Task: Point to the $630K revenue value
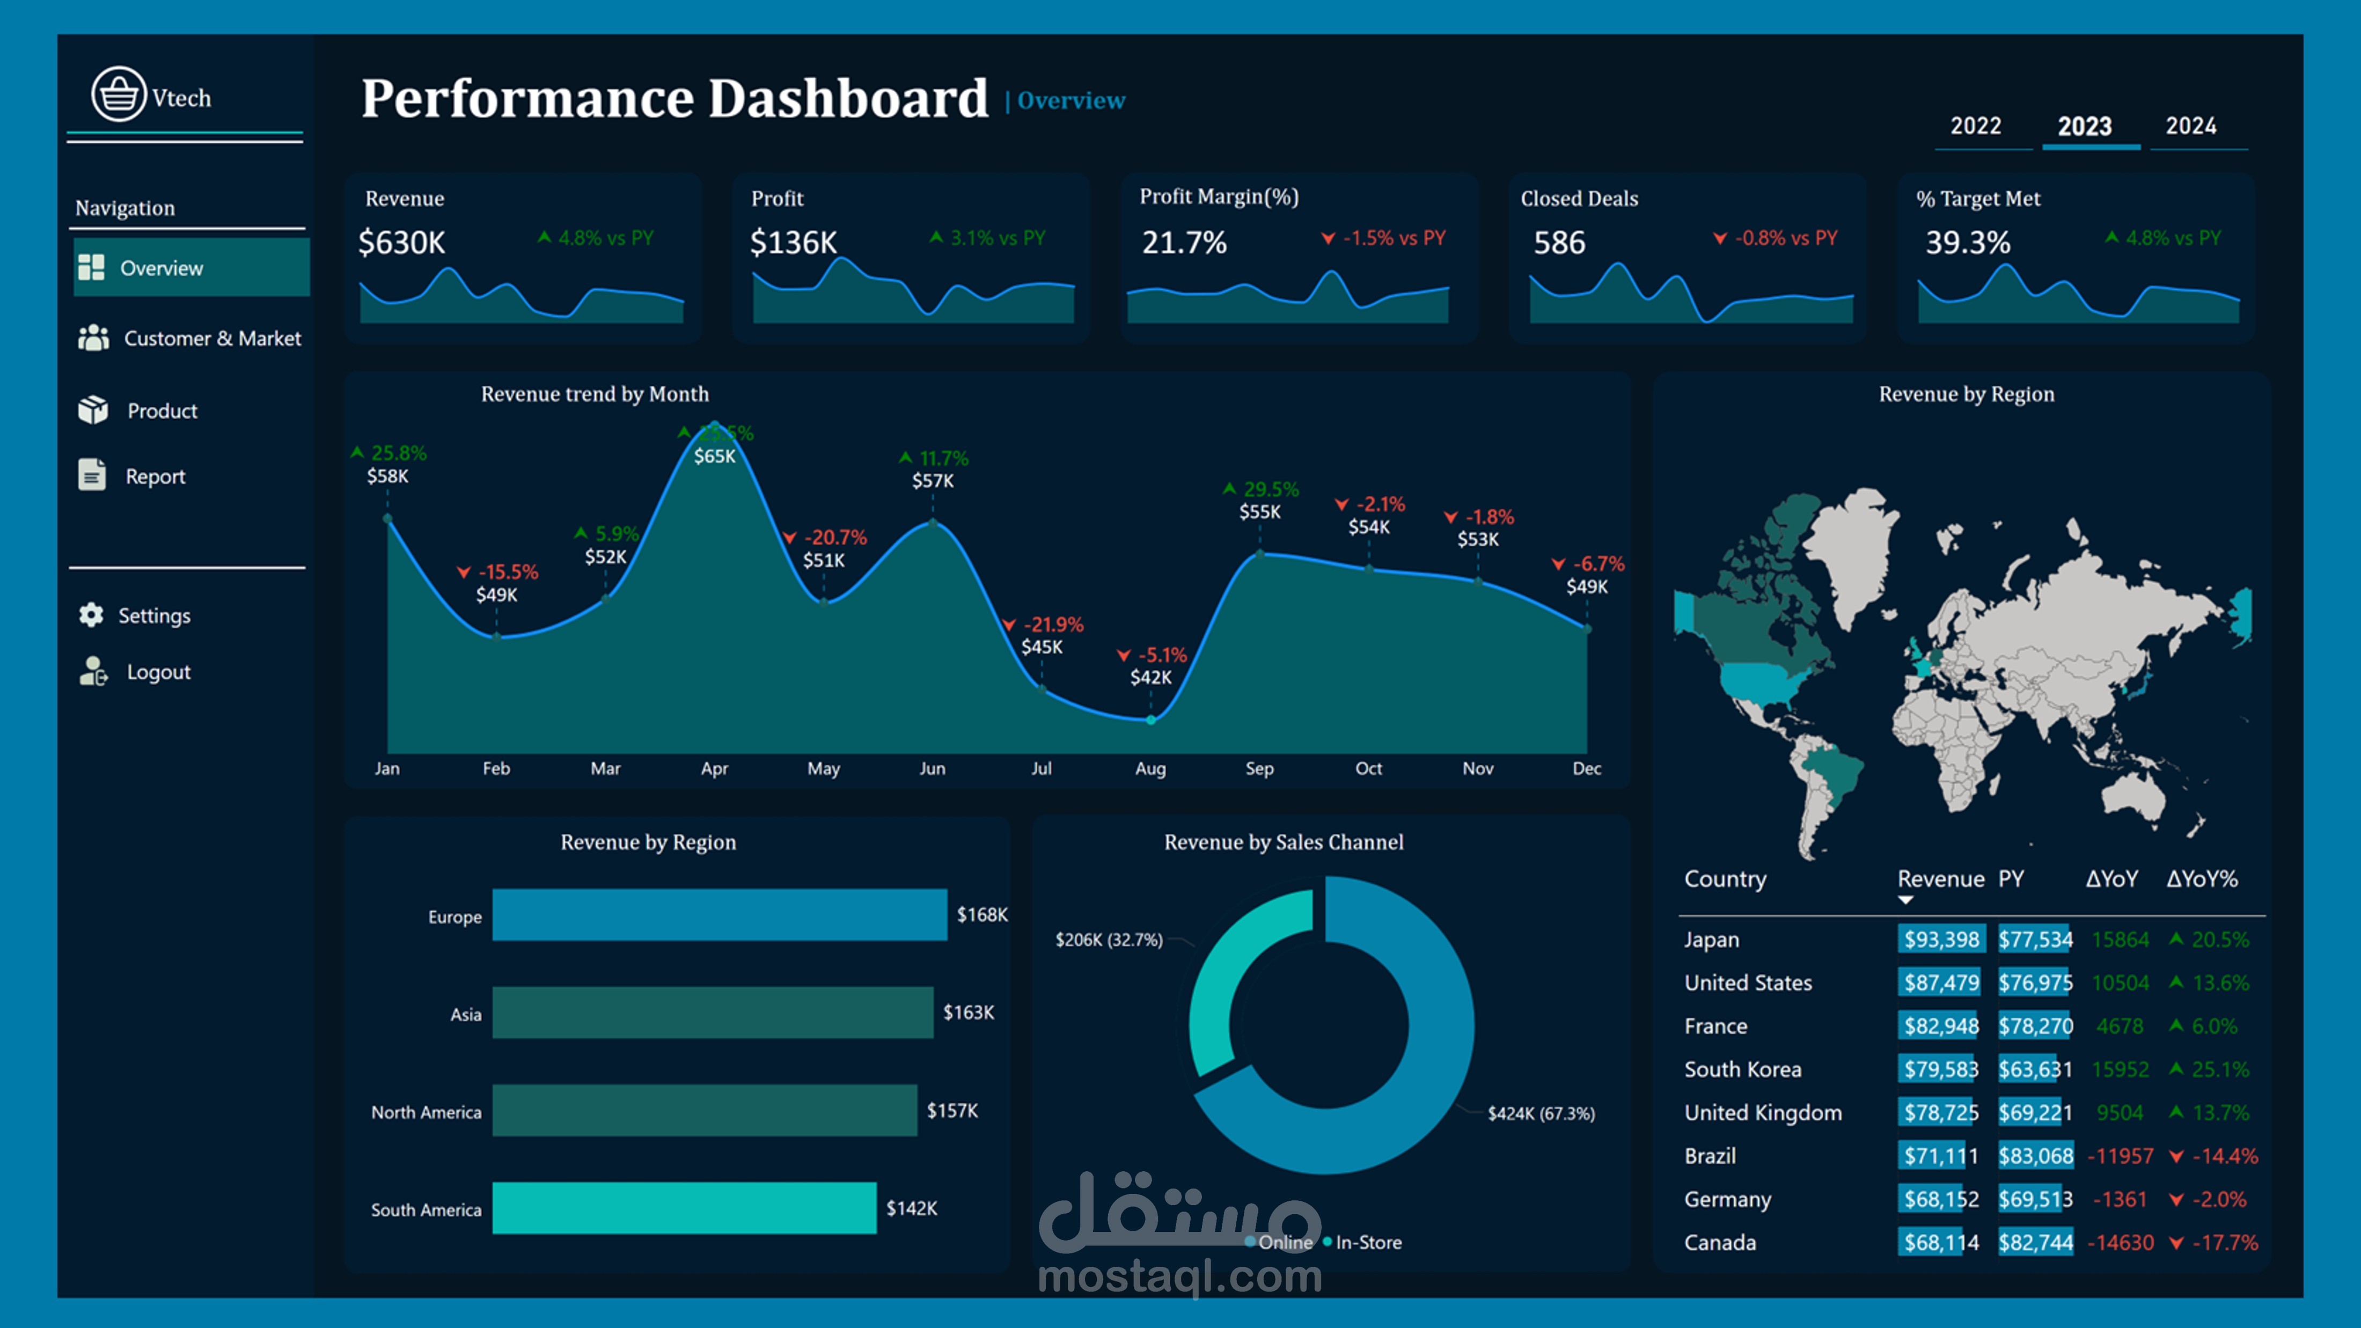[x=401, y=243]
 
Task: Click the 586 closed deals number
[x=1559, y=243]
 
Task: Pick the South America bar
[x=684, y=1208]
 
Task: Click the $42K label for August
[x=1150, y=677]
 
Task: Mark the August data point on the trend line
[x=1151, y=720]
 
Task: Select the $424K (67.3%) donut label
[x=1541, y=1113]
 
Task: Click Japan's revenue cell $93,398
[x=1940, y=940]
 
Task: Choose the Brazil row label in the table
[x=1710, y=1156]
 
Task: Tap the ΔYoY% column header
[x=2202, y=879]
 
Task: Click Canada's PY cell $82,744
[x=2036, y=1243]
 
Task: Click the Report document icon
[x=92, y=475]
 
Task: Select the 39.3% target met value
[x=1968, y=243]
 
